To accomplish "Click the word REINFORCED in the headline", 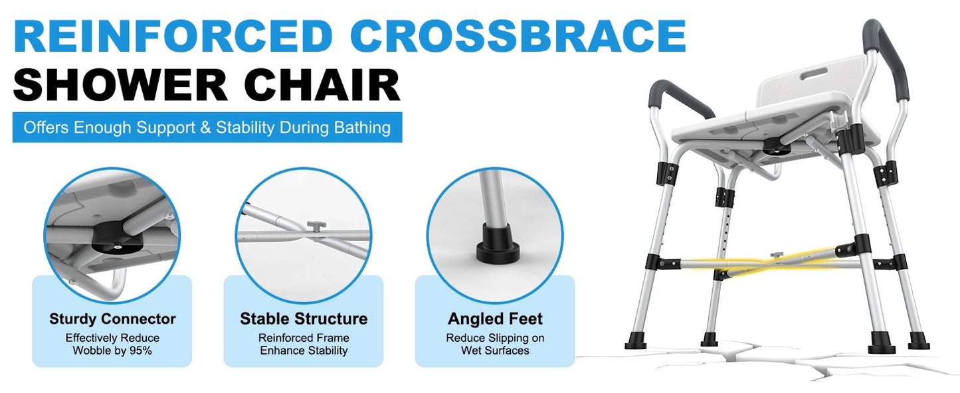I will [173, 37].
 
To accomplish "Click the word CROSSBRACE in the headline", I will [510, 37].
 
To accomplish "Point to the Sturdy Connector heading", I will [112, 319].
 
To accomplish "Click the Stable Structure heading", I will [304, 319].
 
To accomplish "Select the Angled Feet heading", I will [495, 319].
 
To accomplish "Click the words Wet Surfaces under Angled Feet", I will [495, 350].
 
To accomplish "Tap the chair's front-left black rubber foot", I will [636, 342].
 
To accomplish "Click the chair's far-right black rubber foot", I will [919, 342].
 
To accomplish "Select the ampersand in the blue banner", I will [206, 127].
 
